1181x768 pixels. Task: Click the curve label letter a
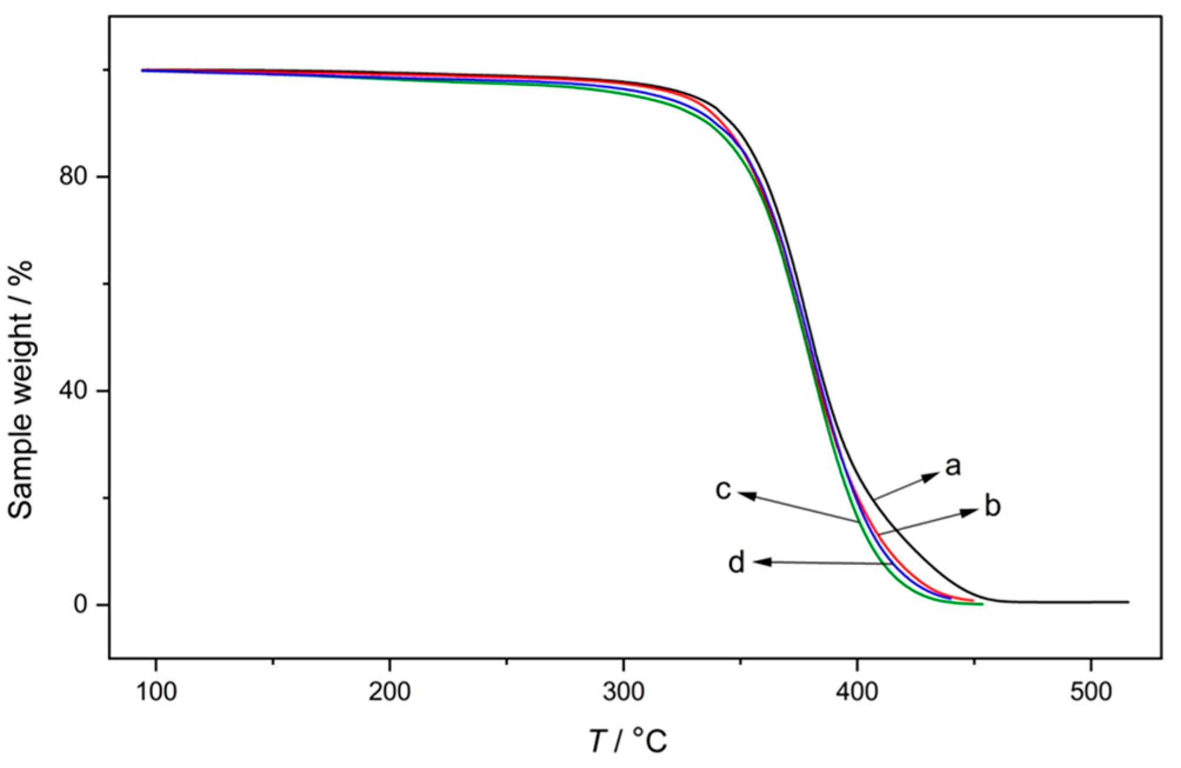tap(952, 466)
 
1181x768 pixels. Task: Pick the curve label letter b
tap(992, 506)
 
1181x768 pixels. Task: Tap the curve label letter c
tap(723, 489)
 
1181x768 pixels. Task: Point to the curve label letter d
tap(736, 563)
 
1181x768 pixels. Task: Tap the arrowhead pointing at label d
tap(759, 562)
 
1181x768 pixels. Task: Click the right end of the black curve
tap(1128, 602)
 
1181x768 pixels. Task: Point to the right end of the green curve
tap(982, 604)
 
